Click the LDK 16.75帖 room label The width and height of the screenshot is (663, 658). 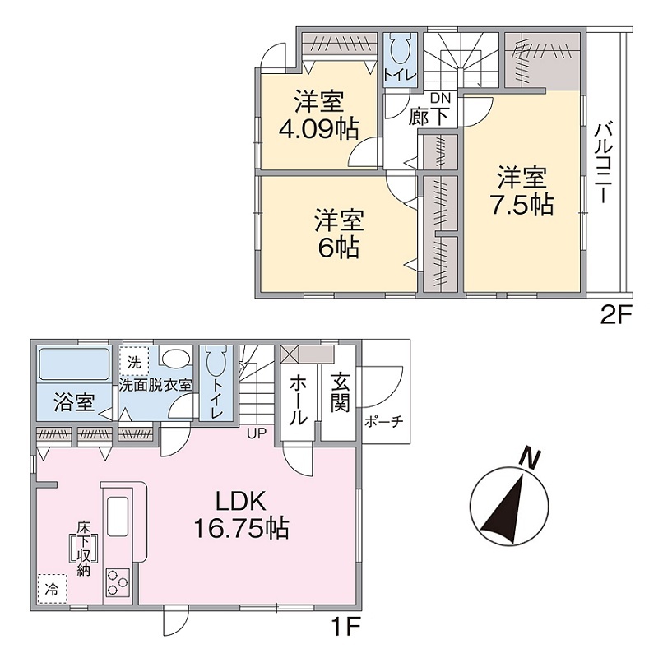click(x=241, y=515)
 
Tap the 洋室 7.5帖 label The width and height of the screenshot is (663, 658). click(x=522, y=191)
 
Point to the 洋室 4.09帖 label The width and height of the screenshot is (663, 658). click(x=319, y=114)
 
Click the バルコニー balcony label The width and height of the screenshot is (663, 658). click(x=602, y=163)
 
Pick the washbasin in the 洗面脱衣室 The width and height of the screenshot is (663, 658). click(x=174, y=359)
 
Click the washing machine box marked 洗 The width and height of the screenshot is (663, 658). click(x=134, y=362)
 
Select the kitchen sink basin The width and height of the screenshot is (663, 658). click(x=118, y=516)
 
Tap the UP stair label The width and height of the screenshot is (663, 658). click(x=257, y=433)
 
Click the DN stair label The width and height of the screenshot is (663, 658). click(x=441, y=98)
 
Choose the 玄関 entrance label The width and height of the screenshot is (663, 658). click(x=341, y=392)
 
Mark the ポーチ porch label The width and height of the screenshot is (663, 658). click(x=384, y=422)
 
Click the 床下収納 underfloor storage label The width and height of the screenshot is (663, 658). click(x=84, y=548)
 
